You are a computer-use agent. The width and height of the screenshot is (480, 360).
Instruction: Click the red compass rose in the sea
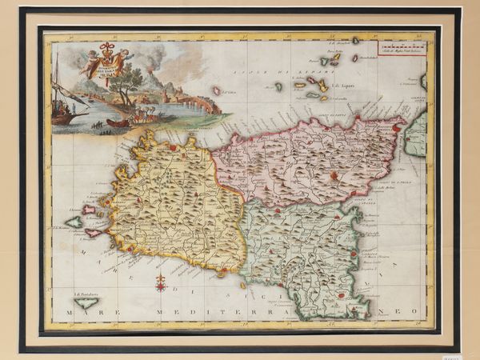point(161,282)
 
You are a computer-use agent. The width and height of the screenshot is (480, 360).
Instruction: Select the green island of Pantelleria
point(87,303)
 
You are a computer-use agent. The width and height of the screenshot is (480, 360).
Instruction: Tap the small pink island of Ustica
point(216,90)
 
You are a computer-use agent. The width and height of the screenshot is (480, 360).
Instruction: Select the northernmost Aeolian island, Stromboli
point(355,40)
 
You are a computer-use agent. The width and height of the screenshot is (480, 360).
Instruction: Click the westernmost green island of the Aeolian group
point(278,85)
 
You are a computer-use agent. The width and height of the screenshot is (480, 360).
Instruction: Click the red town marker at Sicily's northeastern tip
point(398,126)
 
